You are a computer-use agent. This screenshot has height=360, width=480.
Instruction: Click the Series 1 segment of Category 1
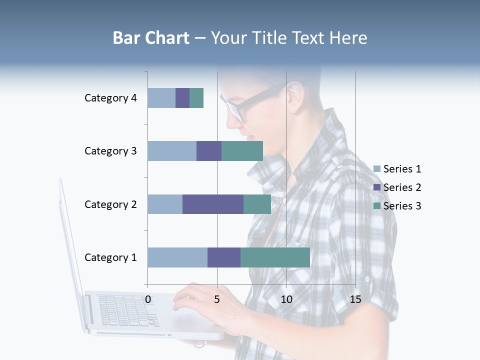(x=177, y=257)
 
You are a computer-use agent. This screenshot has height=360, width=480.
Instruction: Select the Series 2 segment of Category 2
(x=213, y=204)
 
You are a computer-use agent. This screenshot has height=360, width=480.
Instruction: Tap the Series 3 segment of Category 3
(x=242, y=151)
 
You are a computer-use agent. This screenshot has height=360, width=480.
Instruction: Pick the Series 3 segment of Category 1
(x=275, y=257)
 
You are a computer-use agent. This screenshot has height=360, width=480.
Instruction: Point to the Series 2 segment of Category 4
(x=182, y=98)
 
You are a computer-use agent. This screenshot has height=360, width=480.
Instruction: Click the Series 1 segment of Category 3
(x=172, y=151)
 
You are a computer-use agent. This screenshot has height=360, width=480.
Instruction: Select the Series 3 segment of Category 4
(x=196, y=98)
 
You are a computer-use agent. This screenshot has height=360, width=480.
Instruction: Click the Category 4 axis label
(x=110, y=98)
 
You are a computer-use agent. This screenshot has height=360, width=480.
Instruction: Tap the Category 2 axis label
(x=110, y=204)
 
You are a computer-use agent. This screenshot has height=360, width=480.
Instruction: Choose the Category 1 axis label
(x=110, y=257)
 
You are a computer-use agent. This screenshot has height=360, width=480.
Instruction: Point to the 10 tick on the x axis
(x=286, y=299)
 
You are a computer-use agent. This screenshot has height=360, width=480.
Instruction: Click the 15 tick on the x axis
(x=355, y=299)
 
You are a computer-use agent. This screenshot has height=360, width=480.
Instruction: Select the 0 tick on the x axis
(x=148, y=299)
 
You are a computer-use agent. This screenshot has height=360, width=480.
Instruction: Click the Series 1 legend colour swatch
(x=377, y=169)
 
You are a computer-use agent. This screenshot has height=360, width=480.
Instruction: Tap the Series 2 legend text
(x=402, y=187)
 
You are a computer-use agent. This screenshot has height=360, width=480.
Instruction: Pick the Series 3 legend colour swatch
(x=377, y=206)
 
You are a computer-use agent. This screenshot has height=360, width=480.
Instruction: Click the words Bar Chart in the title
(x=151, y=38)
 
